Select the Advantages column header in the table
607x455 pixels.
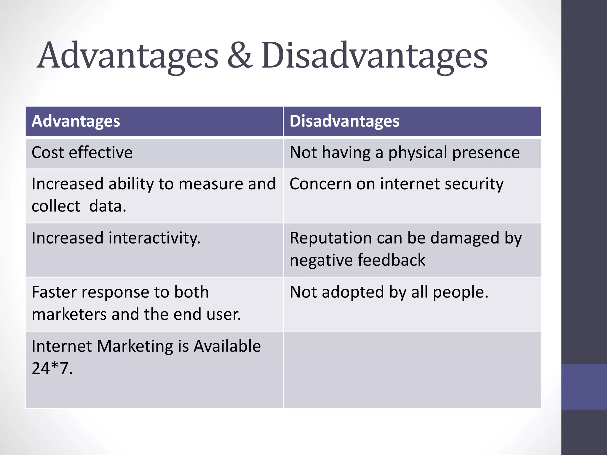[x=76, y=121]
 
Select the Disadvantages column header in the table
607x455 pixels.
[x=344, y=121]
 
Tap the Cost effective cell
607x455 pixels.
[x=82, y=153]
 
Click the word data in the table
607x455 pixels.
[x=107, y=206]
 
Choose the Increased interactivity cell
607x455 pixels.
[x=116, y=238]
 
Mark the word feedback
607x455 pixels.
[x=391, y=260]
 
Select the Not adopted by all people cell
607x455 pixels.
[x=389, y=292]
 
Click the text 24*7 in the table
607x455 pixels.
[x=52, y=369]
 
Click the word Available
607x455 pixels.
[x=227, y=346]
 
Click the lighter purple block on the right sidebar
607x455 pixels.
[x=584, y=387]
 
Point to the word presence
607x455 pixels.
[x=486, y=153]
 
